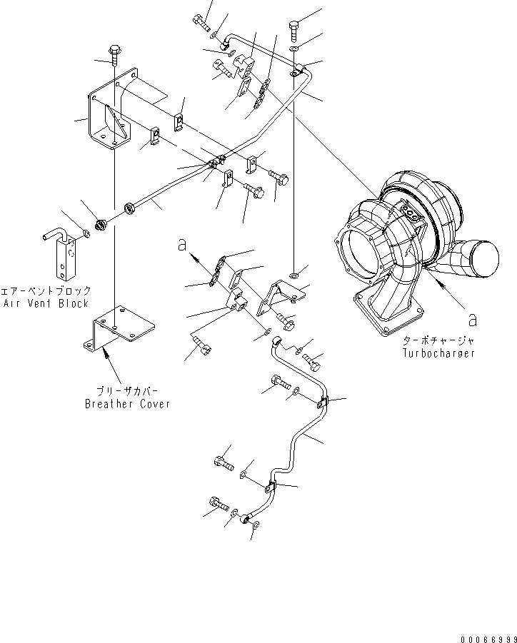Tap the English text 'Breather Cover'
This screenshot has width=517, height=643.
pyautogui.click(x=127, y=404)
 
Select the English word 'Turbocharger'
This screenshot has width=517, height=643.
pyautogui.click(x=438, y=353)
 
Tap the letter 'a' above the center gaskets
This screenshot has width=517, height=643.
pyautogui.click(x=184, y=245)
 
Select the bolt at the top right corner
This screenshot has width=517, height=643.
pyautogui.click(x=295, y=29)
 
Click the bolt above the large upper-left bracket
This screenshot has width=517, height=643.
pyautogui.click(x=114, y=53)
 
